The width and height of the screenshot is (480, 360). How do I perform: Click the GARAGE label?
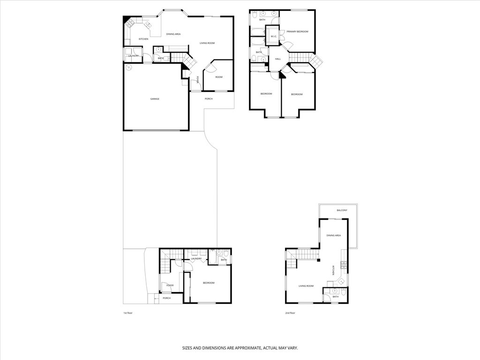(x=155, y=99)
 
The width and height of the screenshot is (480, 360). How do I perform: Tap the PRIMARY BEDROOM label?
(x=298, y=31)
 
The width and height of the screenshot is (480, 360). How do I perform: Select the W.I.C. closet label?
(x=274, y=36)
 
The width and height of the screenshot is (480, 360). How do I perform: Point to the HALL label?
(x=277, y=59)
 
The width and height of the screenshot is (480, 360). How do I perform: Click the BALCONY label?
(x=342, y=210)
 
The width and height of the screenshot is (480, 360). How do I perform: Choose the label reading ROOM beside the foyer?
(x=219, y=77)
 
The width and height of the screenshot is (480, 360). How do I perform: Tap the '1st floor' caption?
(x=128, y=313)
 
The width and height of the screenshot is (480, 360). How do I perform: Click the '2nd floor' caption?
(x=290, y=313)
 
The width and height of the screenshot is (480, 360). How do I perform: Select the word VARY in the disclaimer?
(x=292, y=348)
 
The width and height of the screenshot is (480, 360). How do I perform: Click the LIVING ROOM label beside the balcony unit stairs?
(x=306, y=285)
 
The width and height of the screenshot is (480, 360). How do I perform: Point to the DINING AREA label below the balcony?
(x=334, y=235)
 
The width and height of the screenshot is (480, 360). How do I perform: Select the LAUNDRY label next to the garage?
(x=133, y=56)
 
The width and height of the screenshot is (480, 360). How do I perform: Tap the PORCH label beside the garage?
(x=209, y=99)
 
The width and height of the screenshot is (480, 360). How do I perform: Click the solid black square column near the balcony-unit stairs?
(x=318, y=260)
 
